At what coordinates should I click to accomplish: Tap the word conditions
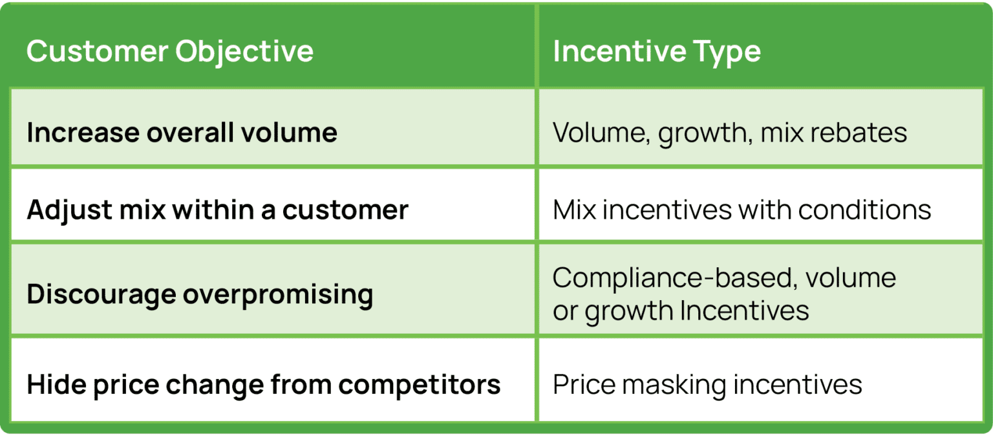[865, 210]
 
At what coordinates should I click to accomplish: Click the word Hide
[54, 385]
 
